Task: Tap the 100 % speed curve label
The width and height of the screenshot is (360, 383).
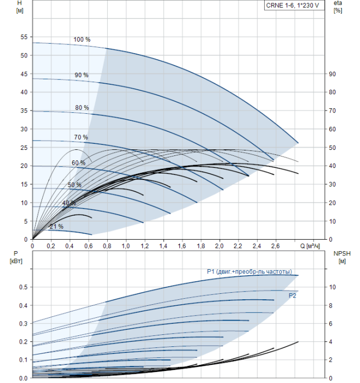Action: pyautogui.click(x=82, y=39)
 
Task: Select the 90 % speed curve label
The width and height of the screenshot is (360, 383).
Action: pyautogui.click(x=82, y=75)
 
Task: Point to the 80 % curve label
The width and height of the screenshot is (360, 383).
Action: pyautogui.click(x=82, y=108)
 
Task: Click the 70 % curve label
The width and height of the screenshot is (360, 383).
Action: pyautogui.click(x=81, y=137)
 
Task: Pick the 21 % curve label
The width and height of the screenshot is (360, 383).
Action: pyautogui.click(x=56, y=226)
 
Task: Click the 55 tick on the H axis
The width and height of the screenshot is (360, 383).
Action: pyautogui.click(x=24, y=37)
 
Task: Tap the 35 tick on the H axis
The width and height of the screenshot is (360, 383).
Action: pyautogui.click(x=24, y=111)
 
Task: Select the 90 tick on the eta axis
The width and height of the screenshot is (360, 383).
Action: pyautogui.click(x=332, y=74)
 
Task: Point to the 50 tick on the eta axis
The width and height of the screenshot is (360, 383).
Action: pyautogui.click(x=332, y=148)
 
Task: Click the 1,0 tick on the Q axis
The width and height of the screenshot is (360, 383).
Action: pyautogui.click(x=126, y=246)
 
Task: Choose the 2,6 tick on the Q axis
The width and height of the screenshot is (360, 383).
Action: pyautogui.click(x=275, y=246)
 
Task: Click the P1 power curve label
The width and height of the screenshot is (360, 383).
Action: pyautogui.click(x=249, y=272)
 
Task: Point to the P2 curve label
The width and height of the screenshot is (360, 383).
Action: pyautogui.click(x=293, y=295)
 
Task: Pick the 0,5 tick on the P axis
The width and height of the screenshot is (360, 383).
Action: pyautogui.click(x=23, y=287)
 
